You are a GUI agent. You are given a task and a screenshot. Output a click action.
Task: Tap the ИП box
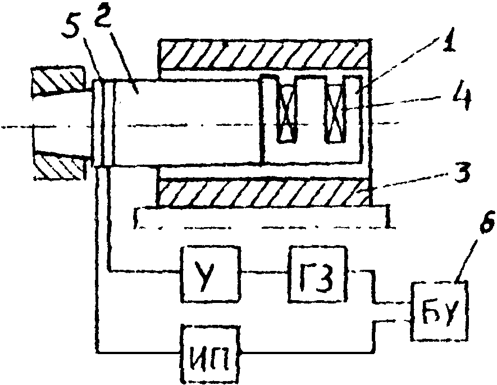click(209, 352)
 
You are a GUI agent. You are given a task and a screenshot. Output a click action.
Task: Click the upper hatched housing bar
click(264, 56)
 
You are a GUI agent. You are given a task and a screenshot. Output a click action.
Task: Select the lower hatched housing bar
click(264, 192)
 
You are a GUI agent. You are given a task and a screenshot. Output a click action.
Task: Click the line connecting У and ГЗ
click(265, 273)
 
